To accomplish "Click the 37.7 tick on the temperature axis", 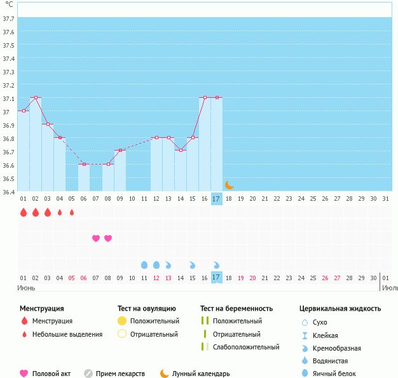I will [9, 19].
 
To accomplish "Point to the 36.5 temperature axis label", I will [9, 179].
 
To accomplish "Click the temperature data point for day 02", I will [36, 98].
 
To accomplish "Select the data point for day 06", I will [84, 164].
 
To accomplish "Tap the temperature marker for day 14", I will [181, 151].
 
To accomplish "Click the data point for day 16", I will [205, 98].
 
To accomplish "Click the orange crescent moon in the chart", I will [230, 185].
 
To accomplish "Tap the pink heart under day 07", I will [96, 238].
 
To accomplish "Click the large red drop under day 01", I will [24, 212].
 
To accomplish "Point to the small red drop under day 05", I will [72, 212].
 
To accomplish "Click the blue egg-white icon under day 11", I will [144, 264].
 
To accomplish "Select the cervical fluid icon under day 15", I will [193, 264].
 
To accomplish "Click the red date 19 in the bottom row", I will [241, 278].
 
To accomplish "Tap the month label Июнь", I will [27, 287].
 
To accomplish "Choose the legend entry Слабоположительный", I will [246, 347].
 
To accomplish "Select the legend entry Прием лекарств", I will [120, 374].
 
